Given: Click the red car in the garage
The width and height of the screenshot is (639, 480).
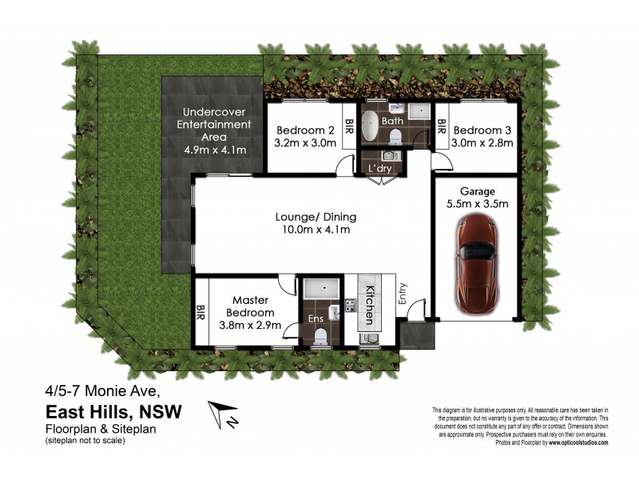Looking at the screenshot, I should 476,258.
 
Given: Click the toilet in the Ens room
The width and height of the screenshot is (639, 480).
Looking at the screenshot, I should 319,338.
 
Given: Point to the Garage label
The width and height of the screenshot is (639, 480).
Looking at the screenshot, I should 478,191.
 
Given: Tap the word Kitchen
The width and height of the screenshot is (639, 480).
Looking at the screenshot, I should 370,304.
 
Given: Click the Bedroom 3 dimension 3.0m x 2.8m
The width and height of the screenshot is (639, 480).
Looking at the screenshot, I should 482,144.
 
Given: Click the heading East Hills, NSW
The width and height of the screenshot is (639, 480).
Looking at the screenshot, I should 113,412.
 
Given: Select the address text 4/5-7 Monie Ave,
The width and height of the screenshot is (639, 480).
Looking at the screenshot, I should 102,391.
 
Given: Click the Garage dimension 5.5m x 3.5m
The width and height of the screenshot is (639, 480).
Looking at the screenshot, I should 478,205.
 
